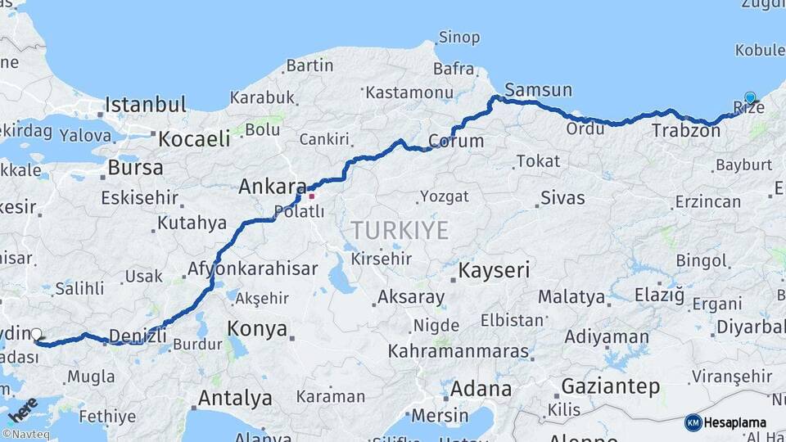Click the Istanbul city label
point(146,105)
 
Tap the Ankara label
point(272,187)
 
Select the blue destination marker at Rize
point(750,98)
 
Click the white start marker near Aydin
point(37,334)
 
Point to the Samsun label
point(539,89)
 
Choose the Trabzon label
point(685,130)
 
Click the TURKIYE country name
point(400,230)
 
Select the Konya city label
point(256,329)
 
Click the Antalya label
point(235,399)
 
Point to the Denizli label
point(138,335)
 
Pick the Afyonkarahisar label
point(252,268)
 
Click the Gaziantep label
point(610,386)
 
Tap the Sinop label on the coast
point(458,37)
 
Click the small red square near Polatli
point(310,196)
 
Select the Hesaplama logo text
point(734,422)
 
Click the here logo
point(22,410)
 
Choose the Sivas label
point(562,198)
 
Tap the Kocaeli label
point(194,138)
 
